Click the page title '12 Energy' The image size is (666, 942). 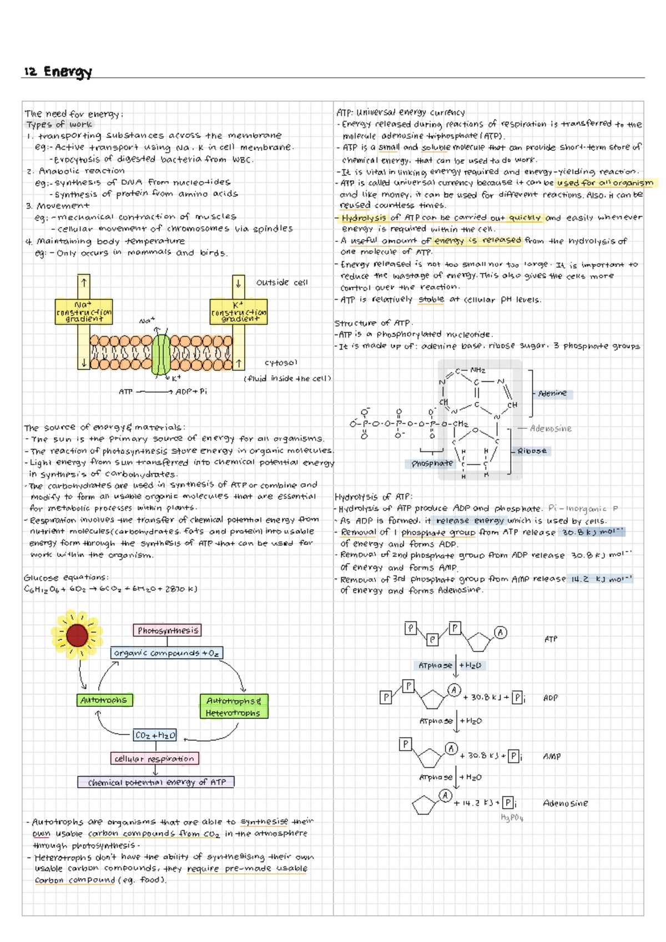click(58, 72)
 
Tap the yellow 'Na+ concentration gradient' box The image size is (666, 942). click(84, 312)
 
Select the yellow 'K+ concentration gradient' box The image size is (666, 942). click(238, 312)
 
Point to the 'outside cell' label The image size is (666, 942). click(282, 282)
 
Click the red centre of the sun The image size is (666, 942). click(77, 635)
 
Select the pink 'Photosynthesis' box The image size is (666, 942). click(168, 630)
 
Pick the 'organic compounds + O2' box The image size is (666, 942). click(167, 653)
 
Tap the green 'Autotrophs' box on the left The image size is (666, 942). click(104, 700)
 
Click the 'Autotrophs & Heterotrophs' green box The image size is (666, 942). click(234, 707)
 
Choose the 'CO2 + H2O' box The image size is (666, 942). click(155, 735)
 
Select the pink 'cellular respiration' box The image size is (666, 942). click(154, 758)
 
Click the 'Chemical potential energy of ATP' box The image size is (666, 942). click(156, 782)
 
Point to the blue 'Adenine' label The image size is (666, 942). click(553, 393)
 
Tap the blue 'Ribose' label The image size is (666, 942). click(532, 451)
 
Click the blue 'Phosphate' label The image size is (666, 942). click(432, 463)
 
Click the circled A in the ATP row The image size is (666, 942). click(501, 632)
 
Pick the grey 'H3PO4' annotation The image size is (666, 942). click(512, 818)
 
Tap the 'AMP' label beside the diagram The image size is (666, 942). click(552, 756)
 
